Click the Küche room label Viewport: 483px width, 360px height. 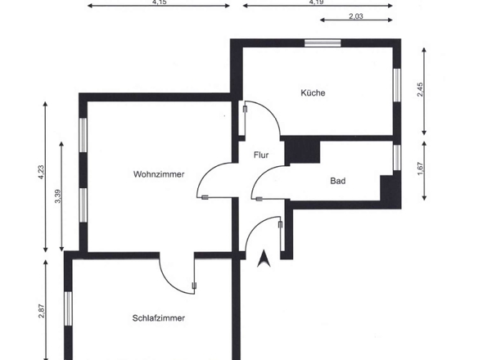tap(313, 93)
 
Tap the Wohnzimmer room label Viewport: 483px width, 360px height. tap(158, 174)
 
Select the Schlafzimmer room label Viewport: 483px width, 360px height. tap(158, 318)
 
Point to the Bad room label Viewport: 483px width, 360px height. tap(337, 181)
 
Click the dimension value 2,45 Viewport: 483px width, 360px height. tap(420, 90)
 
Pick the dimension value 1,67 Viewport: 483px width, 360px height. tap(420, 169)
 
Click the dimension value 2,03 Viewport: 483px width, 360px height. tap(356, 16)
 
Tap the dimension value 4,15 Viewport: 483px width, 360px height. tap(159, 2)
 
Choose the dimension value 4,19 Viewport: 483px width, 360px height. tap(317, 2)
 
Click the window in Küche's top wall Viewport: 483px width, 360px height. tap(321, 43)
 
